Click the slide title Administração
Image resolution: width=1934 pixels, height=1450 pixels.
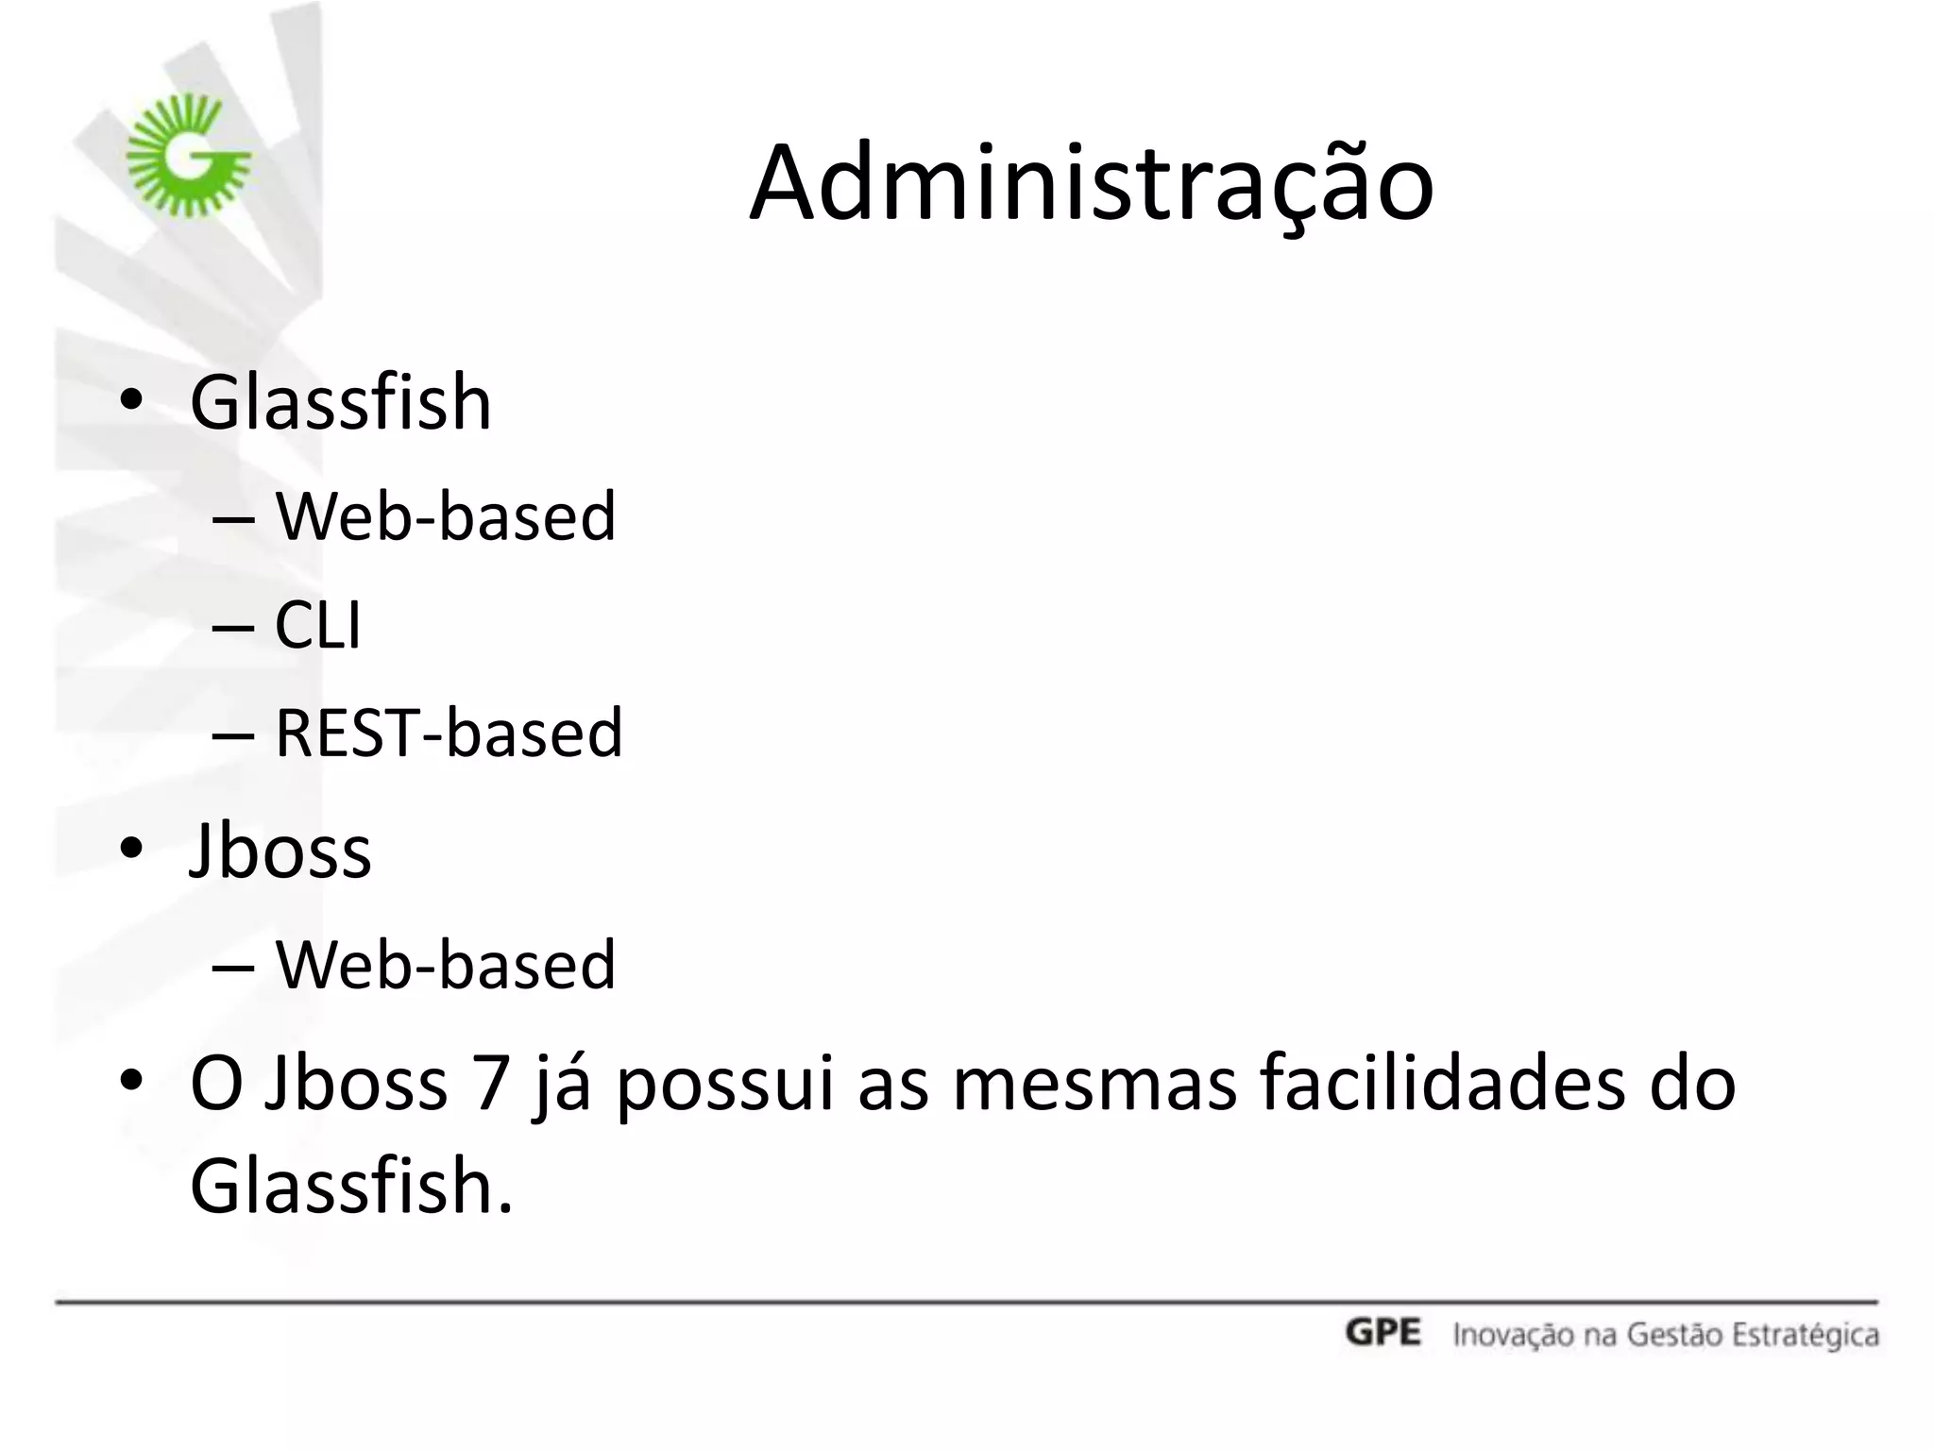click(x=1091, y=184)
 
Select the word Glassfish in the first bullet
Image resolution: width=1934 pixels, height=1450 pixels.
click(x=341, y=403)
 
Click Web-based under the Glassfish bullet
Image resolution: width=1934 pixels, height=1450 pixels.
click(x=445, y=517)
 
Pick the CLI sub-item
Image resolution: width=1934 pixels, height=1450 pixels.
click(x=317, y=625)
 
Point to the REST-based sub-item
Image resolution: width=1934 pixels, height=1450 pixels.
click(x=449, y=733)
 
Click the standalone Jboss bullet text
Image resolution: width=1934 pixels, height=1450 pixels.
click(x=280, y=851)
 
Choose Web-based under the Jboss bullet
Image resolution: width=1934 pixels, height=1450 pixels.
click(x=445, y=965)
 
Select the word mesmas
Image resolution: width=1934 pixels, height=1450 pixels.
click(x=1094, y=1084)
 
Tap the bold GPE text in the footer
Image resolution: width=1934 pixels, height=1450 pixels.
click(x=1383, y=1333)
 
